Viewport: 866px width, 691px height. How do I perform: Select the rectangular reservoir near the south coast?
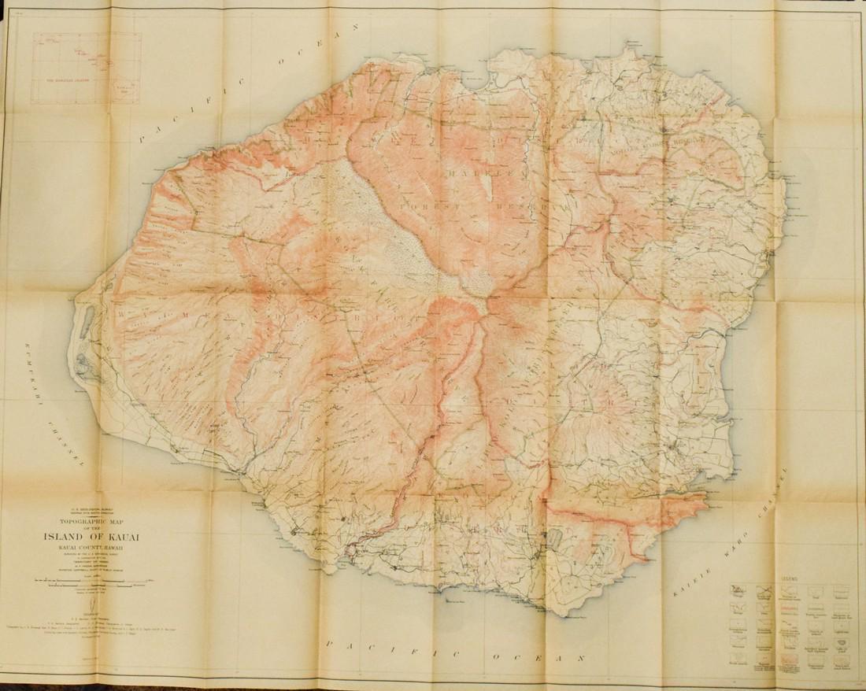[x=553, y=538]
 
